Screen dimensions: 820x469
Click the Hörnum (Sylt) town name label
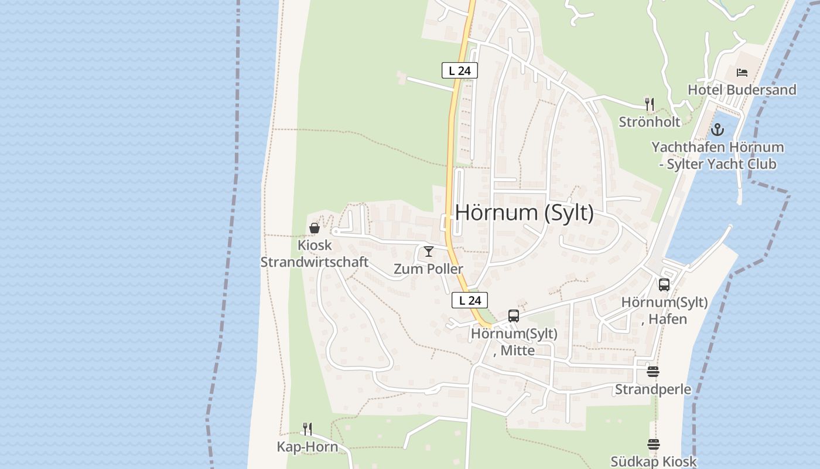524,212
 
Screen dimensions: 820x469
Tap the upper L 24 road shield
460,70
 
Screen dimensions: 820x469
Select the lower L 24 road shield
470,300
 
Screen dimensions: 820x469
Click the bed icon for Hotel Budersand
742,73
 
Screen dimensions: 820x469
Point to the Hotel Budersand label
742,90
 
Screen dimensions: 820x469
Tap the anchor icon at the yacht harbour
717,130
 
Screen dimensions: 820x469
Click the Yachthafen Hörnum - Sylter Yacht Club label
717,155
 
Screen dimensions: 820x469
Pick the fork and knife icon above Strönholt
649,104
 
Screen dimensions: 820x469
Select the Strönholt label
650,122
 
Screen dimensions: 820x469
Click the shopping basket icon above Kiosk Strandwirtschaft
315,228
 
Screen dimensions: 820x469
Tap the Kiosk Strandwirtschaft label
315,254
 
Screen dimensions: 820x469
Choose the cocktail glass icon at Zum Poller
429,252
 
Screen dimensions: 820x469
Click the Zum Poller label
428,269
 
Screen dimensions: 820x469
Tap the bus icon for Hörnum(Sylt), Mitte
514,316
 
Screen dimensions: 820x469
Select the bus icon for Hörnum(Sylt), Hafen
664,285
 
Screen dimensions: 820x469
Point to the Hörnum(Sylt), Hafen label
664,311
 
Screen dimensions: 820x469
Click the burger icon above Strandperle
653,372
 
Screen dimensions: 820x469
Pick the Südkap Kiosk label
654,461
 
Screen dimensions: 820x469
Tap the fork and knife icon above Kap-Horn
307,429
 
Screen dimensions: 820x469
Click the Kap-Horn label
307,447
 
